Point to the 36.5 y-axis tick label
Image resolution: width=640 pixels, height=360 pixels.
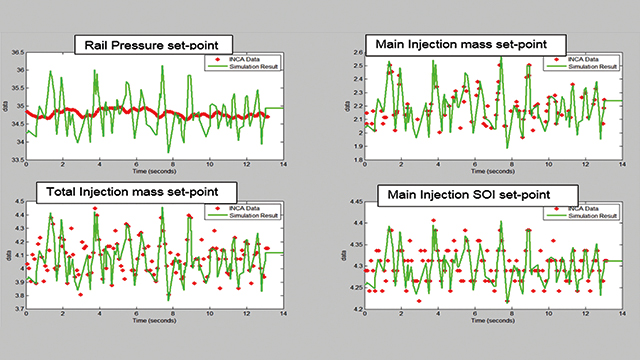point(15,51)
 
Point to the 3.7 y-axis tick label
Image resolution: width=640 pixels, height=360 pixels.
point(17,308)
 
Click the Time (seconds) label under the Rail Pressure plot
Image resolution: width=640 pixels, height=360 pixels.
point(155,172)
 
